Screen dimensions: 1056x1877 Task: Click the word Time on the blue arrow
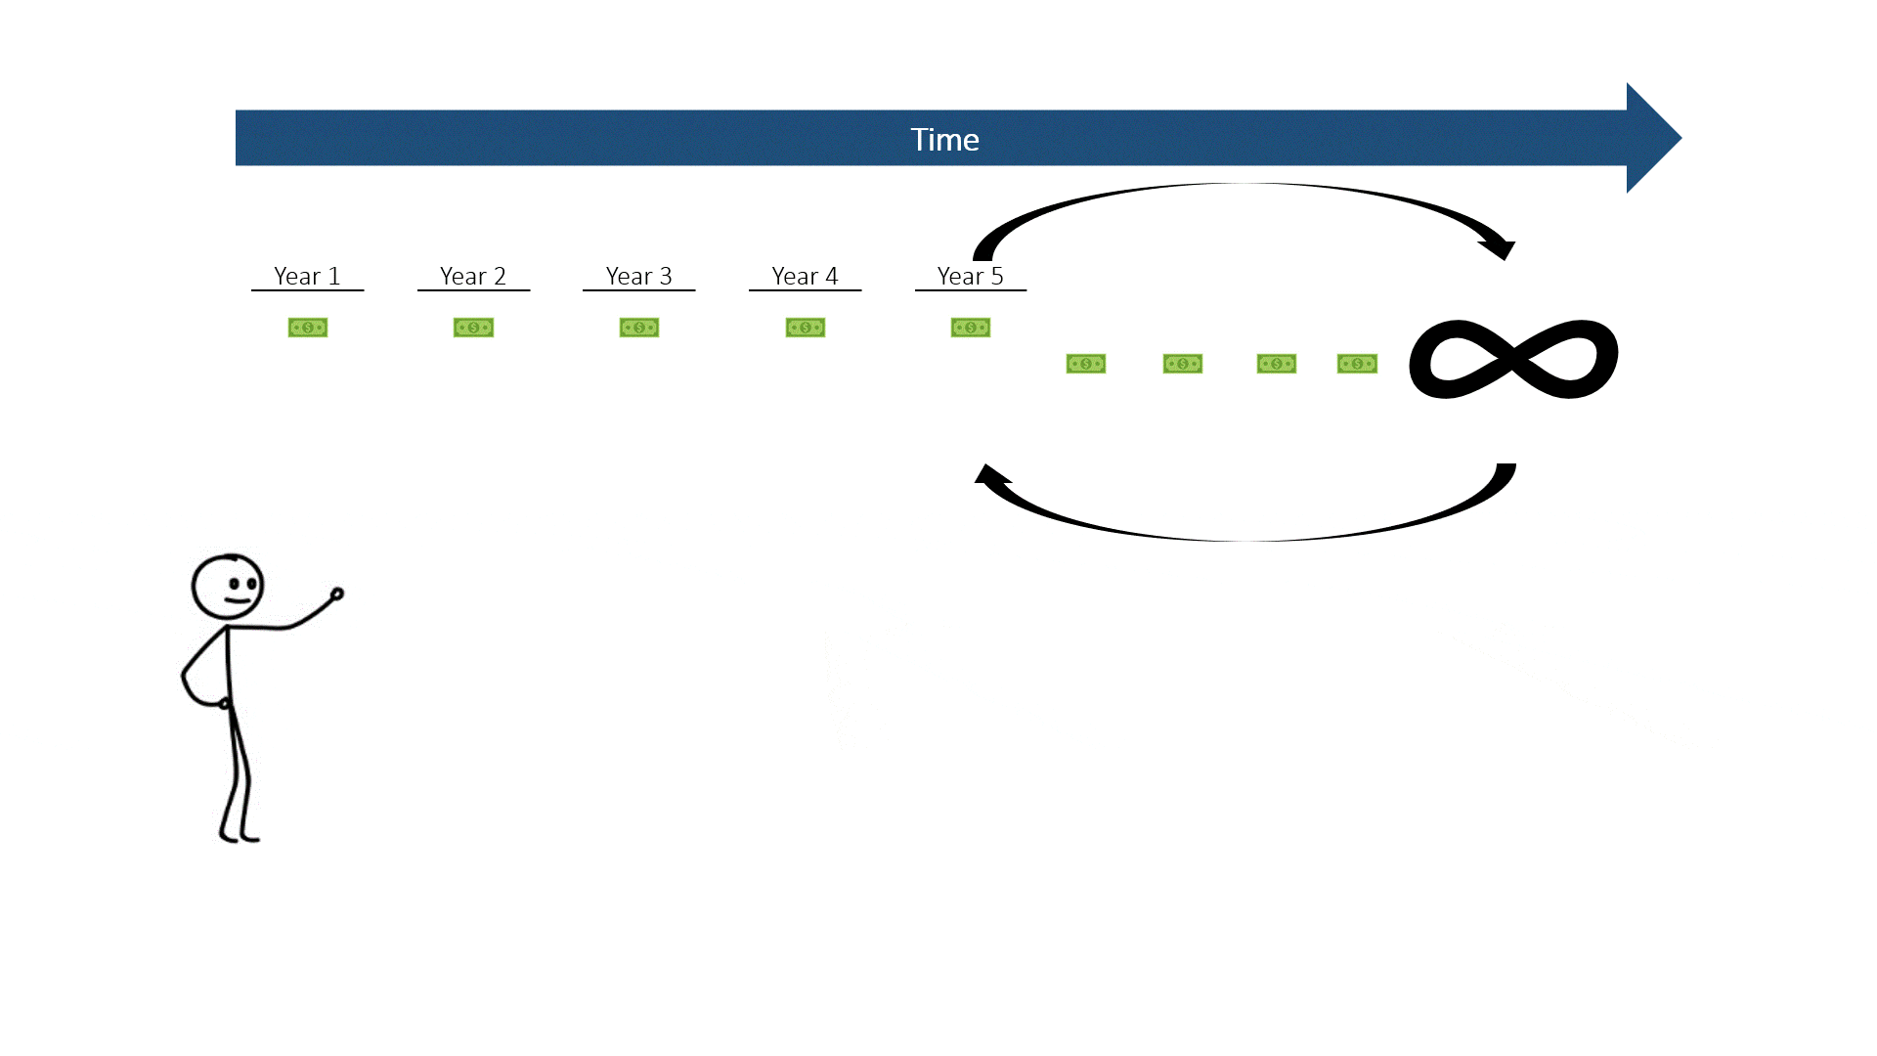click(x=944, y=140)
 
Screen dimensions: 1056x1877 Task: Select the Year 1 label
click(x=307, y=277)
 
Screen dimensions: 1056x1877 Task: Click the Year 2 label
click(x=473, y=277)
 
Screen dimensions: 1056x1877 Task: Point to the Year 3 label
click(x=638, y=277)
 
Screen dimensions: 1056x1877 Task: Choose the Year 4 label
click(x=805, y=277)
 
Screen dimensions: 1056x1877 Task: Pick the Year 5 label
click(x=970, y=277)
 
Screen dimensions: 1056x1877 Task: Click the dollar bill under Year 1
click(x=308, y=328)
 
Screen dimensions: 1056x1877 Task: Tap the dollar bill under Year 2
click(x=473, y=328)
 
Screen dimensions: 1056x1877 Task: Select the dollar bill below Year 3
click(x=639, y=328)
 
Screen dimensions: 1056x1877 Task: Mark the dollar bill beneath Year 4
click(x=806, y=328)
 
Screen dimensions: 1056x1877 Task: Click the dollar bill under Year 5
click(x=971, y=328)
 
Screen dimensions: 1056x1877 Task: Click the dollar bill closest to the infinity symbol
click(x=1357, y=364)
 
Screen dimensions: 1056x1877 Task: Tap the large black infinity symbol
click(x=1513, y=359)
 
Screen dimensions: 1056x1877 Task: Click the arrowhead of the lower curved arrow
click(x=991, y=476)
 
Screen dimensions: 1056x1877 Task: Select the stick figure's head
click(x=228, y=587)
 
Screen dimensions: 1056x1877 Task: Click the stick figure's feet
click(x=240, y=836)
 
